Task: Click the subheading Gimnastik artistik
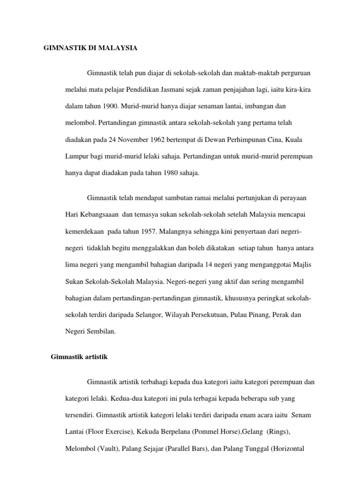[79, 357]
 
